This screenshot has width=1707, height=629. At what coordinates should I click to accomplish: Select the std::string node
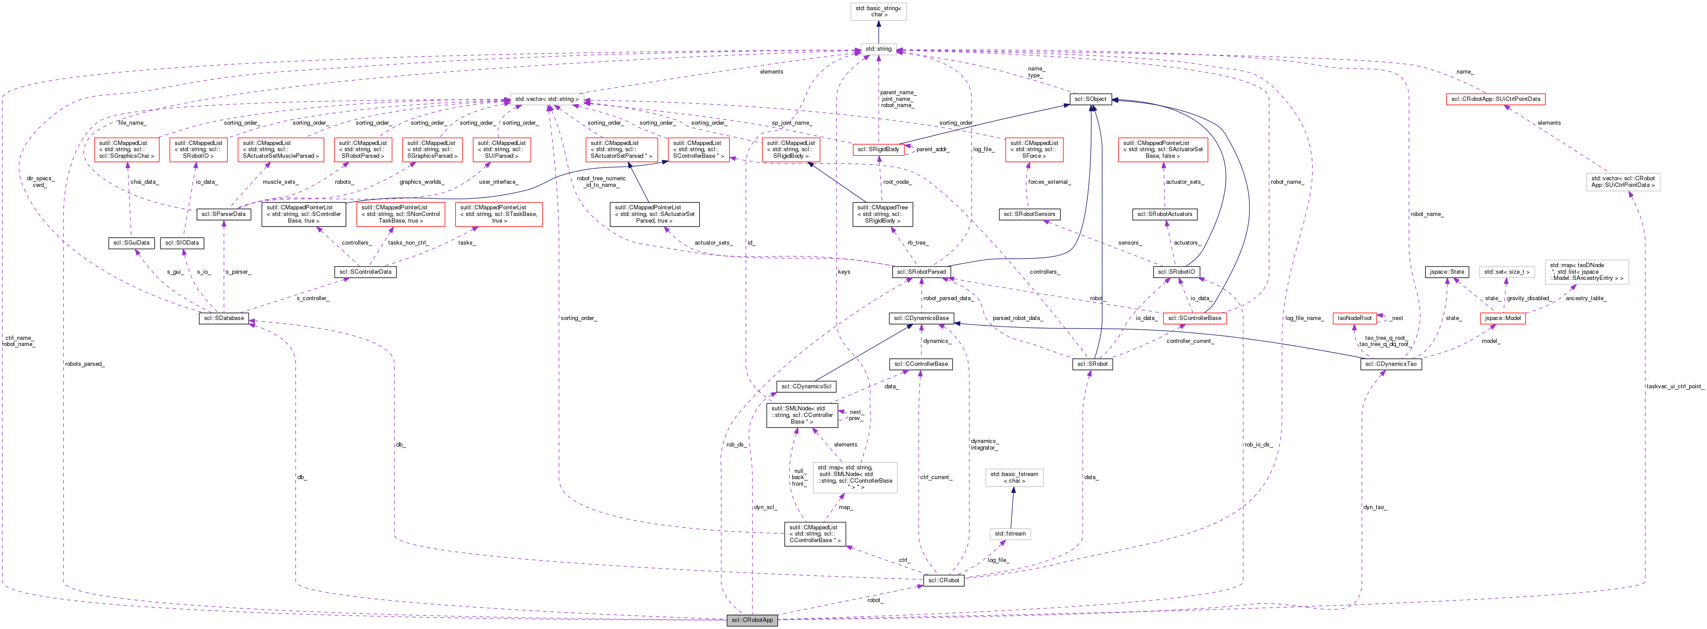point(879,49)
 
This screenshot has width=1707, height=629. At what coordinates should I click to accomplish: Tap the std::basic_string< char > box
point(879,11)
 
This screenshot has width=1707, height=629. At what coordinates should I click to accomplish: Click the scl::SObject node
point(1090,100)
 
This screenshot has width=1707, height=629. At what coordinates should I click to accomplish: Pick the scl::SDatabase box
point(224,319)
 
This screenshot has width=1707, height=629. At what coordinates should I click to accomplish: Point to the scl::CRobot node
point(943,581)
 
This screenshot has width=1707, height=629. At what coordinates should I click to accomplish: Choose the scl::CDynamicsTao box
point(1390,364)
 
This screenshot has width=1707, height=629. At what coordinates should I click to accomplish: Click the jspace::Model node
point(1502,319)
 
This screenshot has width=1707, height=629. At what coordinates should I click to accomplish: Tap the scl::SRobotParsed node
point(921,272)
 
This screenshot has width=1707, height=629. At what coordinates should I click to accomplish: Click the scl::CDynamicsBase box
point(921,319)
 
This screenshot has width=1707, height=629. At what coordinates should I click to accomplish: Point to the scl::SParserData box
point(224,214)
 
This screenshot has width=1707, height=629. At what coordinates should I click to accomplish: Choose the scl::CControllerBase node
point(921,364)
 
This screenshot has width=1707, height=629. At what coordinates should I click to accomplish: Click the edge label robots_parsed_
point(84,364)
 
